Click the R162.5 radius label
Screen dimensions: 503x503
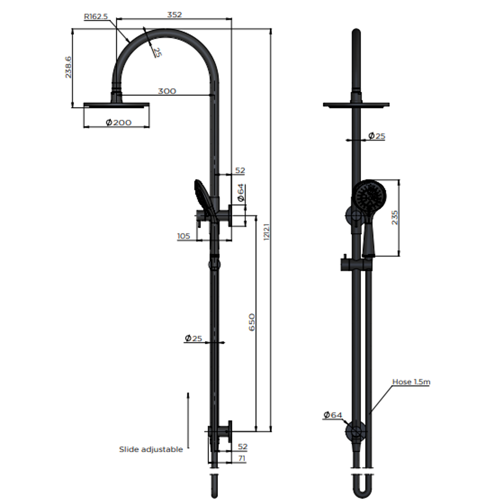(x=95, y=16)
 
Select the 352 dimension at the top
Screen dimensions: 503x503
(x=174, y=14)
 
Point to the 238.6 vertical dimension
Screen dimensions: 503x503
(x=68, y=67)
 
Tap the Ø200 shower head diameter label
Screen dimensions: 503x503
(x=118, y=122)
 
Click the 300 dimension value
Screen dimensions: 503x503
(x=167, y=91)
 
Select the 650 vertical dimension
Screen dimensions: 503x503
(x=251, y=322)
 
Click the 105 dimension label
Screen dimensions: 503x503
(x=184, y=236)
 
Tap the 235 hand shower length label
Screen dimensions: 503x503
(x=395, y=217)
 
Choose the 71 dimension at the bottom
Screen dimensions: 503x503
(x=241, y=459)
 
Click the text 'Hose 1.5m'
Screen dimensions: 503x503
(x=411, y=382)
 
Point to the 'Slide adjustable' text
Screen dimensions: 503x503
(x=151, y=449)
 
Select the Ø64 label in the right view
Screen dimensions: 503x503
(x=333, y=415)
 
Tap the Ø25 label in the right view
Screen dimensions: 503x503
(x=377, y=136)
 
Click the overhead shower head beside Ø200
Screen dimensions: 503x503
(x=116, y=105)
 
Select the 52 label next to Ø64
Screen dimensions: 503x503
(x=240, y=171)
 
